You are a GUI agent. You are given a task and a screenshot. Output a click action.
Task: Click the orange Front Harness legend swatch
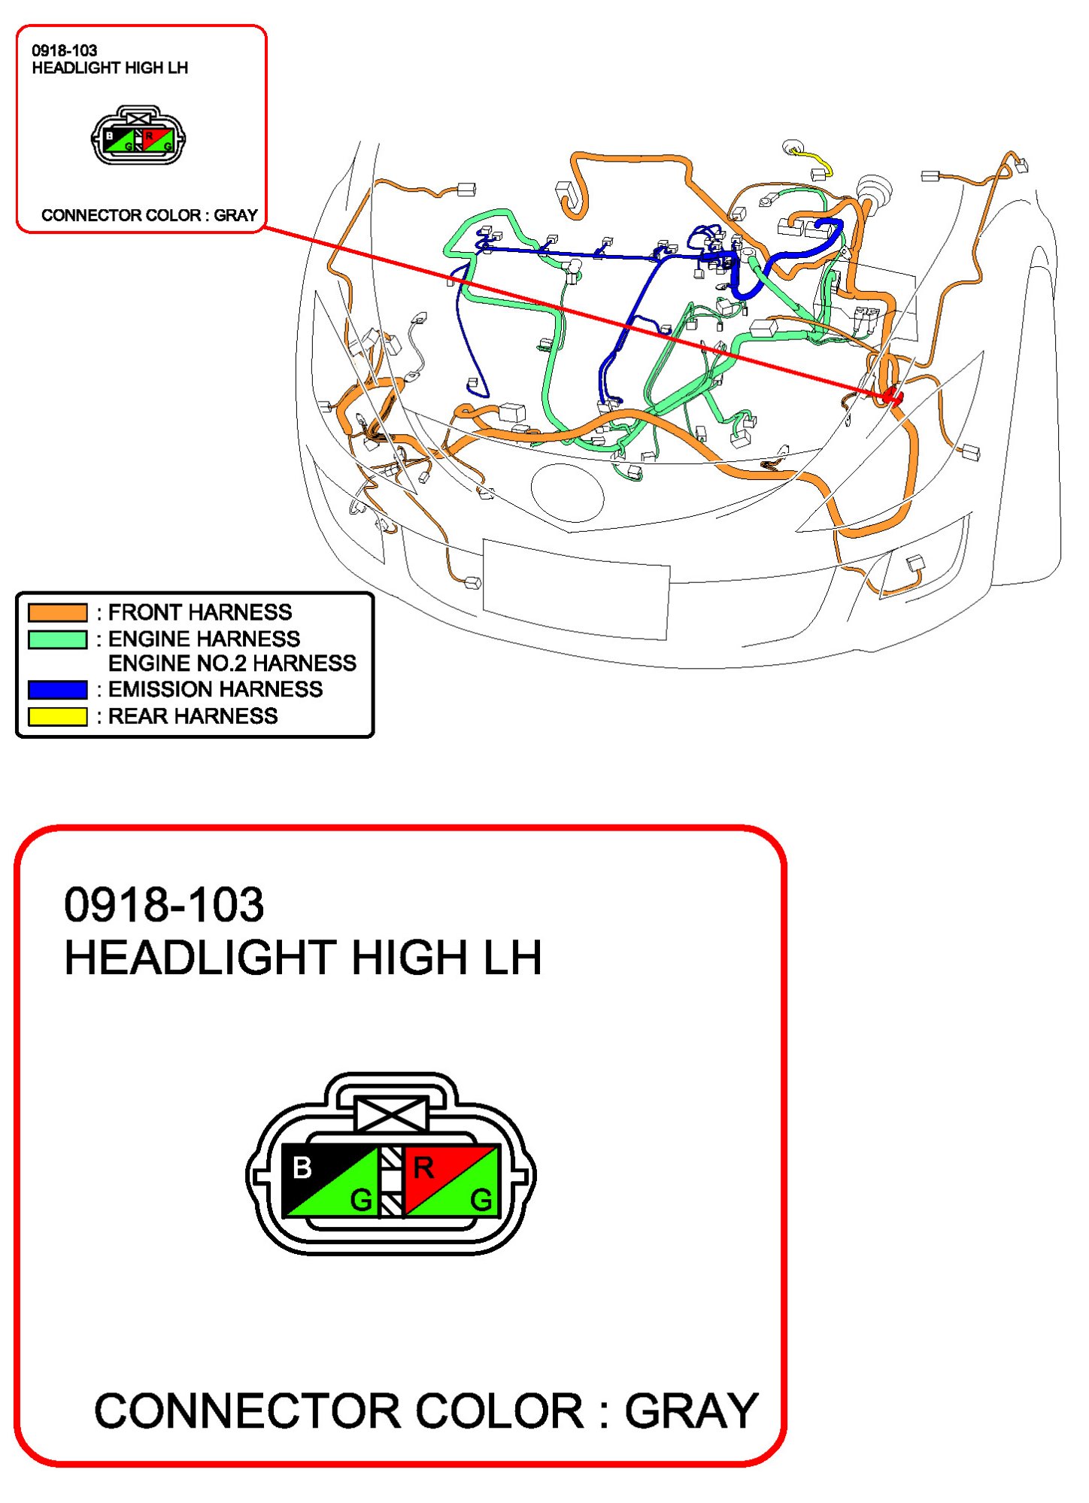coord(58,612)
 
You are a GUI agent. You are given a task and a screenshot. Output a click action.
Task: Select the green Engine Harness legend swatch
coord(58,639)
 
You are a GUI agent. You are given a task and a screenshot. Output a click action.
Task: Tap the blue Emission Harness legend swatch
coord(58,690)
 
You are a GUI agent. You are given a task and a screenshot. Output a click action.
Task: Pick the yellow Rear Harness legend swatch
coord(58,717)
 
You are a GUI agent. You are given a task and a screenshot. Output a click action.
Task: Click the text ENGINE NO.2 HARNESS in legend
coord(232,663)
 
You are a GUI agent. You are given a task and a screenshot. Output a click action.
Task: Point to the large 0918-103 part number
coord(164,904)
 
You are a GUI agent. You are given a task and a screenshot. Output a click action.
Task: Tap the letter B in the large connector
coord(302,1168)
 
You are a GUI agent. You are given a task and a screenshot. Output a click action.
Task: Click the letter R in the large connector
coord(423,1168)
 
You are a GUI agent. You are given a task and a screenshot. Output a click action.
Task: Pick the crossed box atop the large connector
coord(391,1114)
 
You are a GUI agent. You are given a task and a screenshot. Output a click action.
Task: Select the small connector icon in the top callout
coord(138,136)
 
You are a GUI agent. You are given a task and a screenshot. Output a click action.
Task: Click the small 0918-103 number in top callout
coord(65,51)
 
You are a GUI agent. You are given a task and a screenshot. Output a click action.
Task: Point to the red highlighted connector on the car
coord(892,394)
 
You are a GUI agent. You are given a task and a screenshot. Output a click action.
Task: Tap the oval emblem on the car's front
coord(568,493)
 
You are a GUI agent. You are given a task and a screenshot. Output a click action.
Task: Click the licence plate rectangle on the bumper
coord(576,589)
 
